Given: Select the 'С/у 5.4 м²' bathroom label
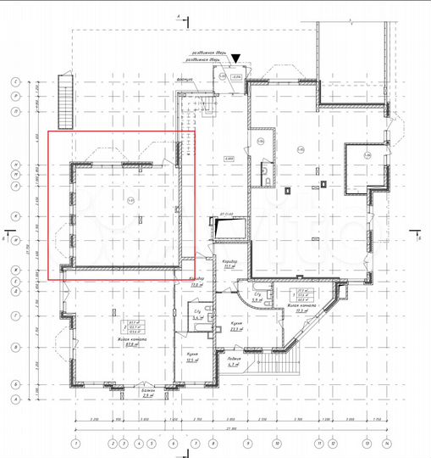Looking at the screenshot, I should pos(196,315).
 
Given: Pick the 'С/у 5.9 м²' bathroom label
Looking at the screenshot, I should pos(257,299).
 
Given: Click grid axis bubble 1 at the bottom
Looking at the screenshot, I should pos(75,443).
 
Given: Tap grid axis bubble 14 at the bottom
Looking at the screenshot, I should pos(385,443).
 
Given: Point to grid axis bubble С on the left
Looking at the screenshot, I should pos(15,82).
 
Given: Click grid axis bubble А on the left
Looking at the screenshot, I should pos(15,396).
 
